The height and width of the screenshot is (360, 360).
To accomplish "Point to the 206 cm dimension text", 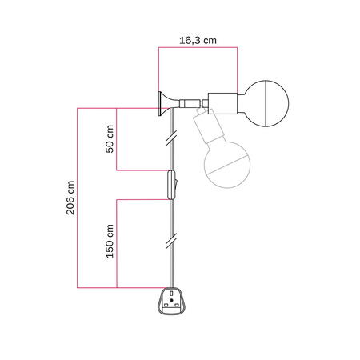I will [x=70, y=197].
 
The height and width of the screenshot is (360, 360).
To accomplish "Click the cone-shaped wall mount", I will [x=166, y=102].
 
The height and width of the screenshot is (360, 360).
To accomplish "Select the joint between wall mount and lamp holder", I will [x=189, y=102].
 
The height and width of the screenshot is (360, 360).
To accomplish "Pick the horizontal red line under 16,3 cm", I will [x=198, y=48].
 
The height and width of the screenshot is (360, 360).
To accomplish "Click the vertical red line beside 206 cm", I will [x=78, y=197].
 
